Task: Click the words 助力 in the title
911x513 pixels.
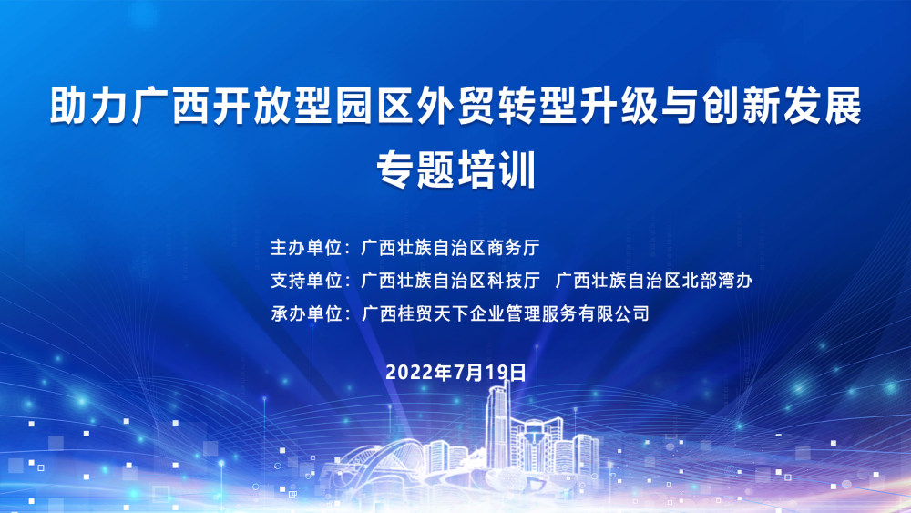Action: (89, 107)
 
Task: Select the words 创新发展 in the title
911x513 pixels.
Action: (782, 107)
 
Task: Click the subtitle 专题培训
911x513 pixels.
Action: (455, 169)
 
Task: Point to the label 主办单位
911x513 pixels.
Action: (305, 248)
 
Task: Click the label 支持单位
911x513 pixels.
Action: (305, 281)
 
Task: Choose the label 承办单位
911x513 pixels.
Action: (305, 313)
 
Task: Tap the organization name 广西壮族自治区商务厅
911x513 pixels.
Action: (450, 248)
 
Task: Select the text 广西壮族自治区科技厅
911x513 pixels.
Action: (450, 281)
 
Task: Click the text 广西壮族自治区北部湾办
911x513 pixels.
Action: (653, 281)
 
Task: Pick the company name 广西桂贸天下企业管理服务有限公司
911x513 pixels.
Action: (505, 313)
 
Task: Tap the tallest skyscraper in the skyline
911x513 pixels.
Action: (498, 427)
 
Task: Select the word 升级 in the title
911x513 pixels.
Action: (619, 107)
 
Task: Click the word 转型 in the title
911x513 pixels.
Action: (537, 107)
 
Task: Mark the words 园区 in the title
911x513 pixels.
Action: (374, 107)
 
